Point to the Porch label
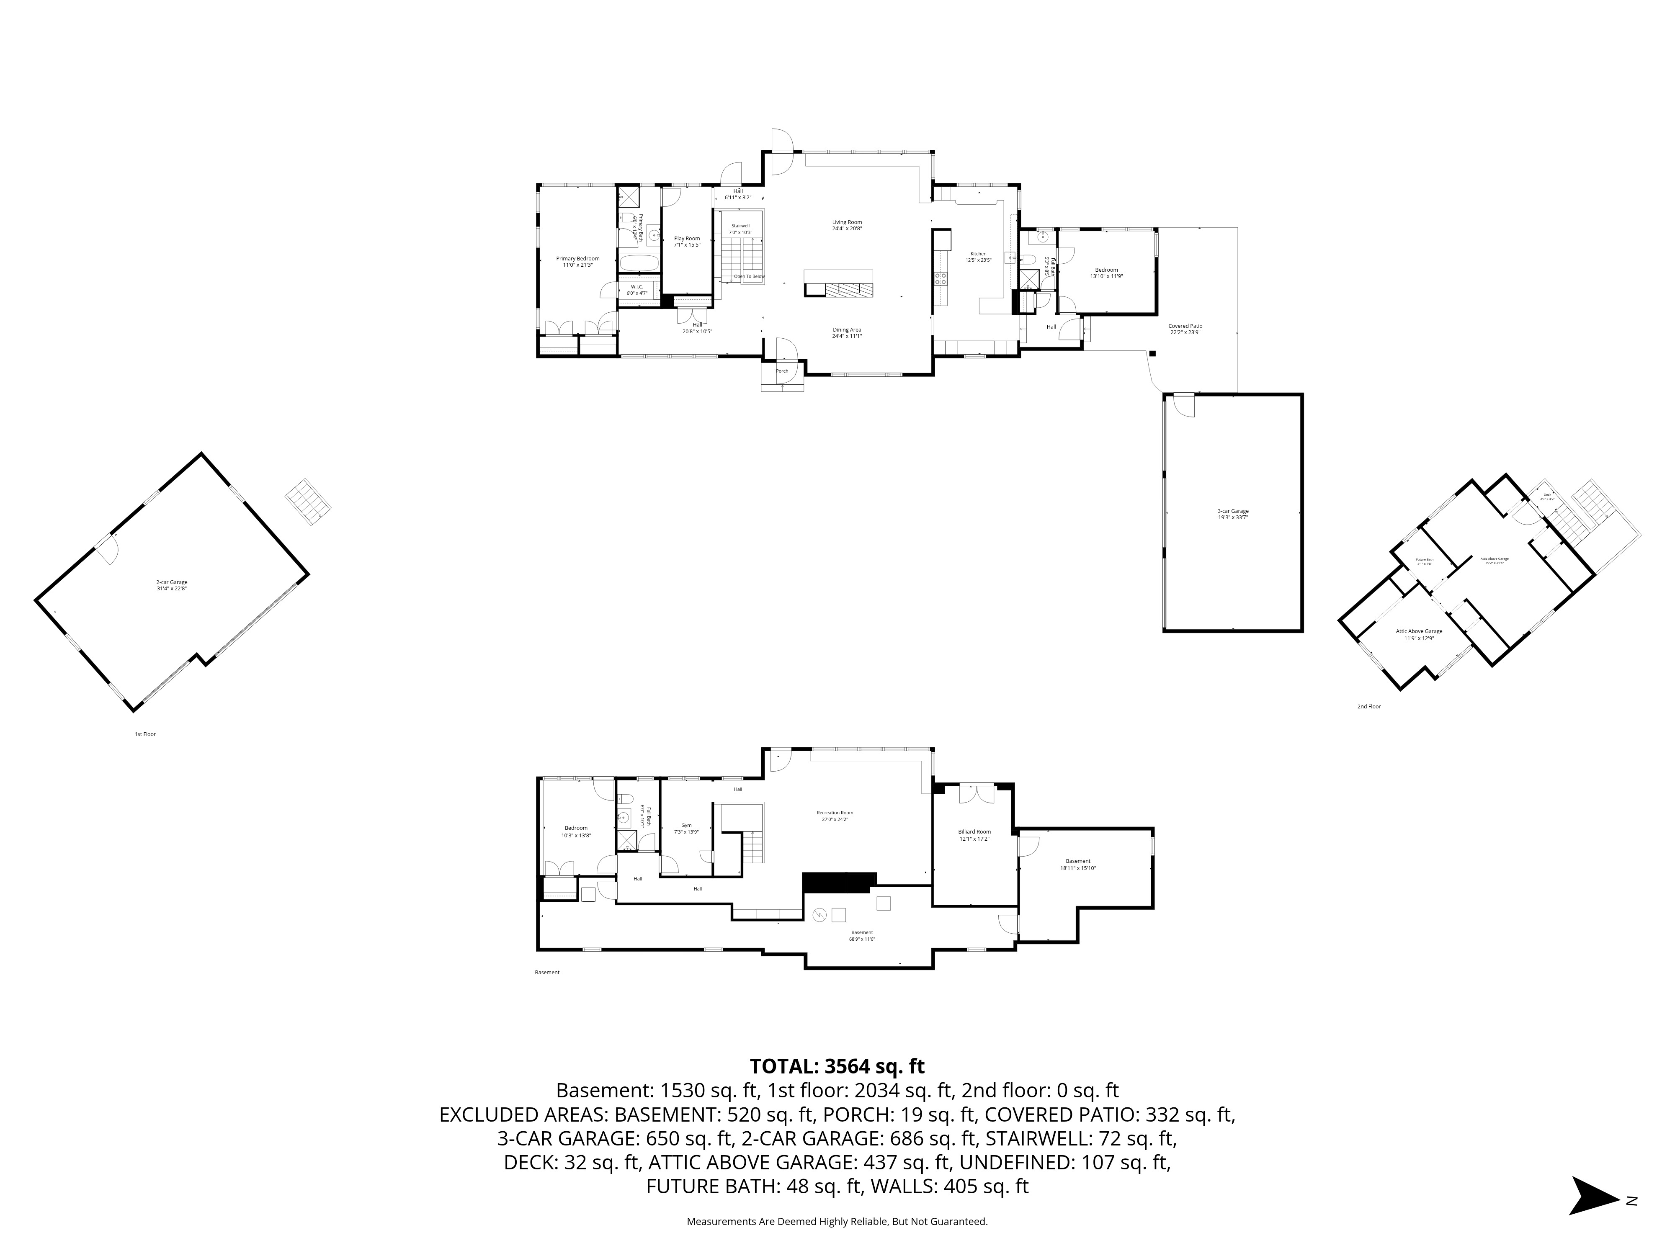(781, 371)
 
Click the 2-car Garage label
(171, 584)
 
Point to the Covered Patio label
(1185, 329)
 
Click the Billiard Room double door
(974, 793)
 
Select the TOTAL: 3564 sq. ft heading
(837, 1066)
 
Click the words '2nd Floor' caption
(1368, 706)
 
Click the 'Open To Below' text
(749, 276)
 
